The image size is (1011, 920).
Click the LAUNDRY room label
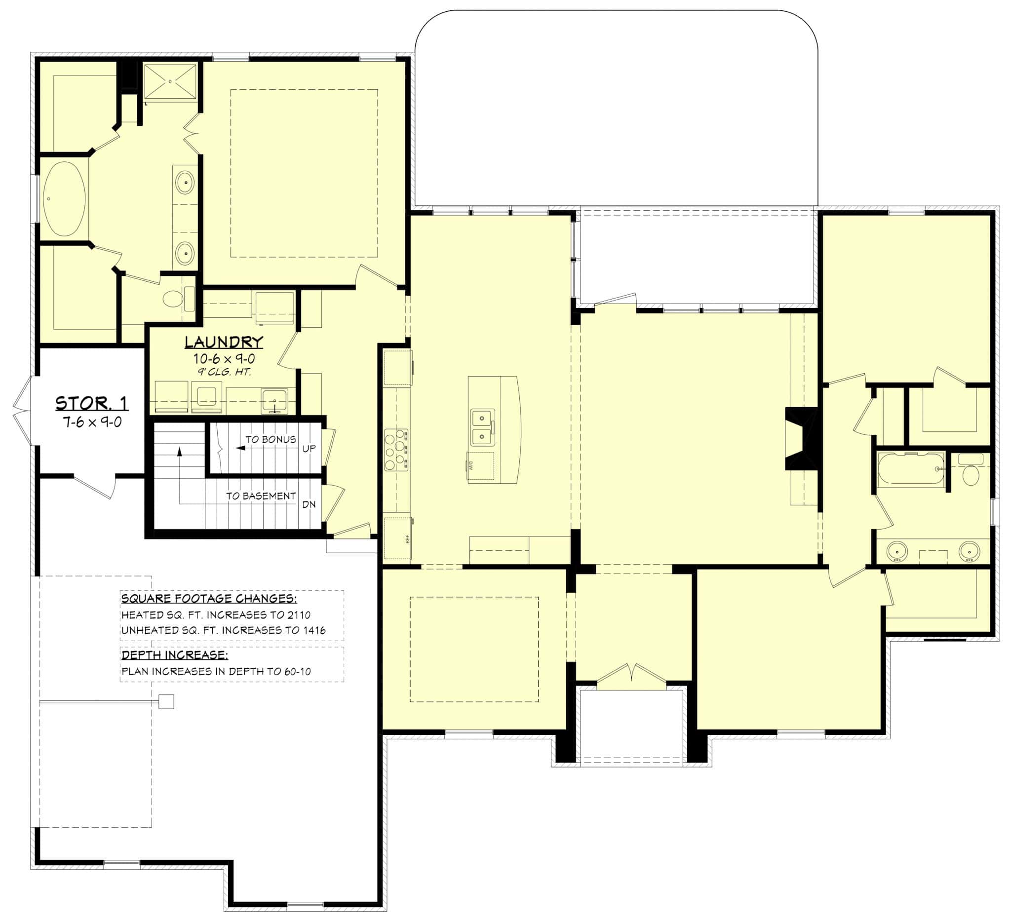(x=224, y=342)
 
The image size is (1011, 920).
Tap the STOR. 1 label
(x=91, y=403)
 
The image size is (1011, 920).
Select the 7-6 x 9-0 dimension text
(x=92, y=422)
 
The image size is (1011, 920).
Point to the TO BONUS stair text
(x=271, y=439)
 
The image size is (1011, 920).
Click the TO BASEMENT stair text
(x=261, y=496)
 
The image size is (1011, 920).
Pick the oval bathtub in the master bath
(x=64, y=198)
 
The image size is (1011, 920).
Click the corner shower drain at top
(x=170, y=81)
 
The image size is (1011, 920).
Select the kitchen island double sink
(x=482, y=427)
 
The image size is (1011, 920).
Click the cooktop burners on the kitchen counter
(x=396, y=449)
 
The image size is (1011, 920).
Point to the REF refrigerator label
(x=407, y=539)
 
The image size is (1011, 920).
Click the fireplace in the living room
(x=801, y=439)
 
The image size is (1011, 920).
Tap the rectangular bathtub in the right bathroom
(x=911, y=469)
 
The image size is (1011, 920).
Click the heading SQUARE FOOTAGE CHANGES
(x=209, y=598)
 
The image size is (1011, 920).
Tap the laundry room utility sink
(x=274, y=401)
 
